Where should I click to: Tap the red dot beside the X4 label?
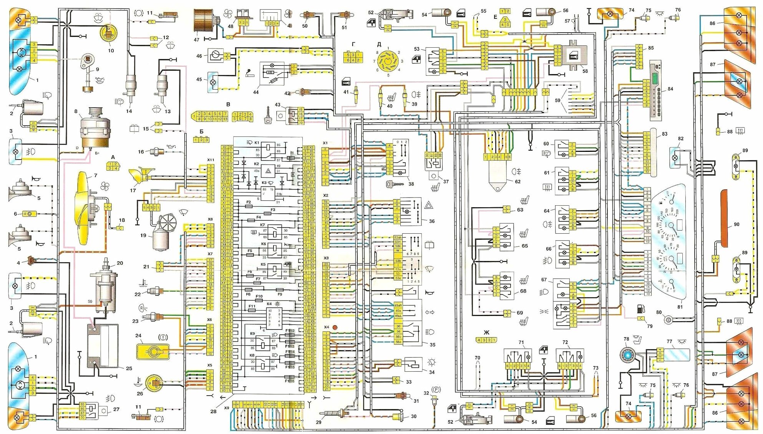coord(335,327)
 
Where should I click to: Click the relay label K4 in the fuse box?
coord(269,304)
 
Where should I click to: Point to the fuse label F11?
coord(252,306)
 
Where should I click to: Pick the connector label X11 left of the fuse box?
coord(211,160)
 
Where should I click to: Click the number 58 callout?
coord(585,71)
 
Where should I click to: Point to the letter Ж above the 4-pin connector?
coord(486,333)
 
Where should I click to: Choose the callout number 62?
coord(518,181)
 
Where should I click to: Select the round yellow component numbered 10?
coord(108,33)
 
